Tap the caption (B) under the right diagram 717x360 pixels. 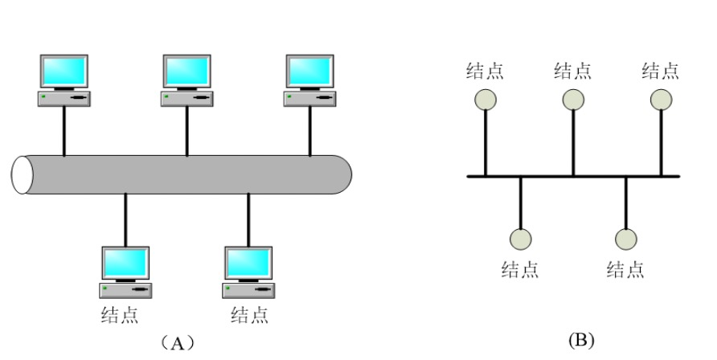point(581,341)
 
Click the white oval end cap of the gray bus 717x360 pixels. point(23,174)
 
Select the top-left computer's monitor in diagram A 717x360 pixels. point(64,72)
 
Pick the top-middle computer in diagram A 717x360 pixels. point(186,80)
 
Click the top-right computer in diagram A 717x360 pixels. point(310,80)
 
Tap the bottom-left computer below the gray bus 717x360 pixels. point(125,272)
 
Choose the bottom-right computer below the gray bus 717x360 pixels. point(248,272)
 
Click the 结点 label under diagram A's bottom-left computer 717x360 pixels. point(119,314)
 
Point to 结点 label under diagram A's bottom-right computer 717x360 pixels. point(249,314)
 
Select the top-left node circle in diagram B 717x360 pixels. point(486,99)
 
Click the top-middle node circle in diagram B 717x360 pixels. point(573,99)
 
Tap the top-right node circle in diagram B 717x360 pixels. point(661,99)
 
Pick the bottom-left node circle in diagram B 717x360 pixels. point(521,239)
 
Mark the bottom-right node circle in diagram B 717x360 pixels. point(626,239)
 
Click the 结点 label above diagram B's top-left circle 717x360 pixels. point(486,71)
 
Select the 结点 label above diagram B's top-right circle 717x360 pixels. point(661,71)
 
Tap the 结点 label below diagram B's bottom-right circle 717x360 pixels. point(625,269)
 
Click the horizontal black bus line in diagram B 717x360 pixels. point(547,176)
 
